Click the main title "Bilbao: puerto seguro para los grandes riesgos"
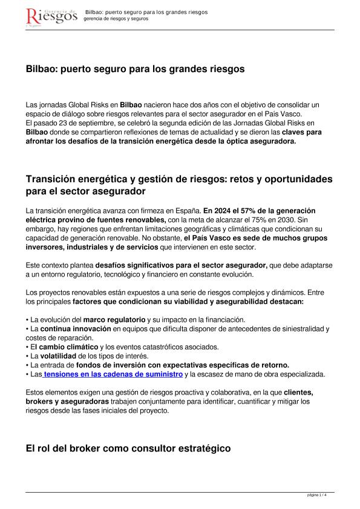(135, 70)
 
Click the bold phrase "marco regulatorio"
(114, 319)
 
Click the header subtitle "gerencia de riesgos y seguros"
(116, 19)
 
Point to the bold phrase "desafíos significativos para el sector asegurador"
(182, 265)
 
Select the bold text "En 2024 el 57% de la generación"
(259, 209)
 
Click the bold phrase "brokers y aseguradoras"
(67, 401)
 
